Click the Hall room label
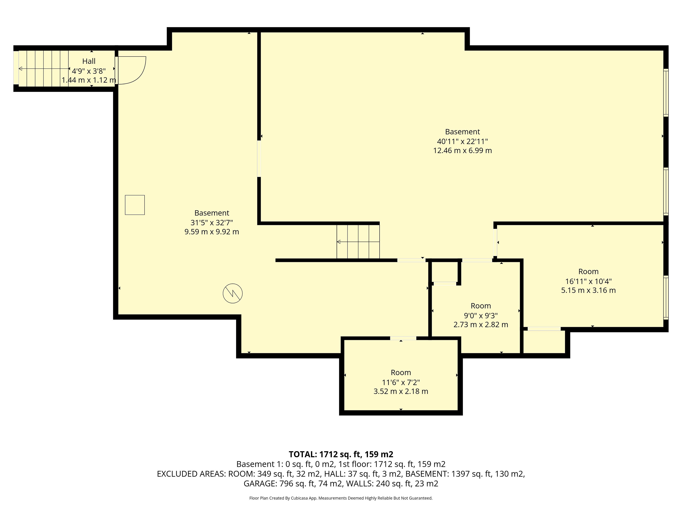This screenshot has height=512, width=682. (89, 61)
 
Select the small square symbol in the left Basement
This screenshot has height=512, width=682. (135, 205)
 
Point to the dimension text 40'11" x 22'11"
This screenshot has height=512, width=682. (462, 141)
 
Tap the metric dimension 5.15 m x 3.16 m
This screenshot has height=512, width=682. (588, 290)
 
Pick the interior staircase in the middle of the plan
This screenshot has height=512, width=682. (358, 242)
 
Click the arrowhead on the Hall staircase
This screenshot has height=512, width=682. (20, 68)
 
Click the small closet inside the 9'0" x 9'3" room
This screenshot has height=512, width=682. (445, 272)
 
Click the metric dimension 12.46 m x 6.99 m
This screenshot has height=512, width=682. (462, 151)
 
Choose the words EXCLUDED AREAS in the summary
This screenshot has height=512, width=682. (191, 474)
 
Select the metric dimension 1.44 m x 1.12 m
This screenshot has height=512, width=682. (89, 80)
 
